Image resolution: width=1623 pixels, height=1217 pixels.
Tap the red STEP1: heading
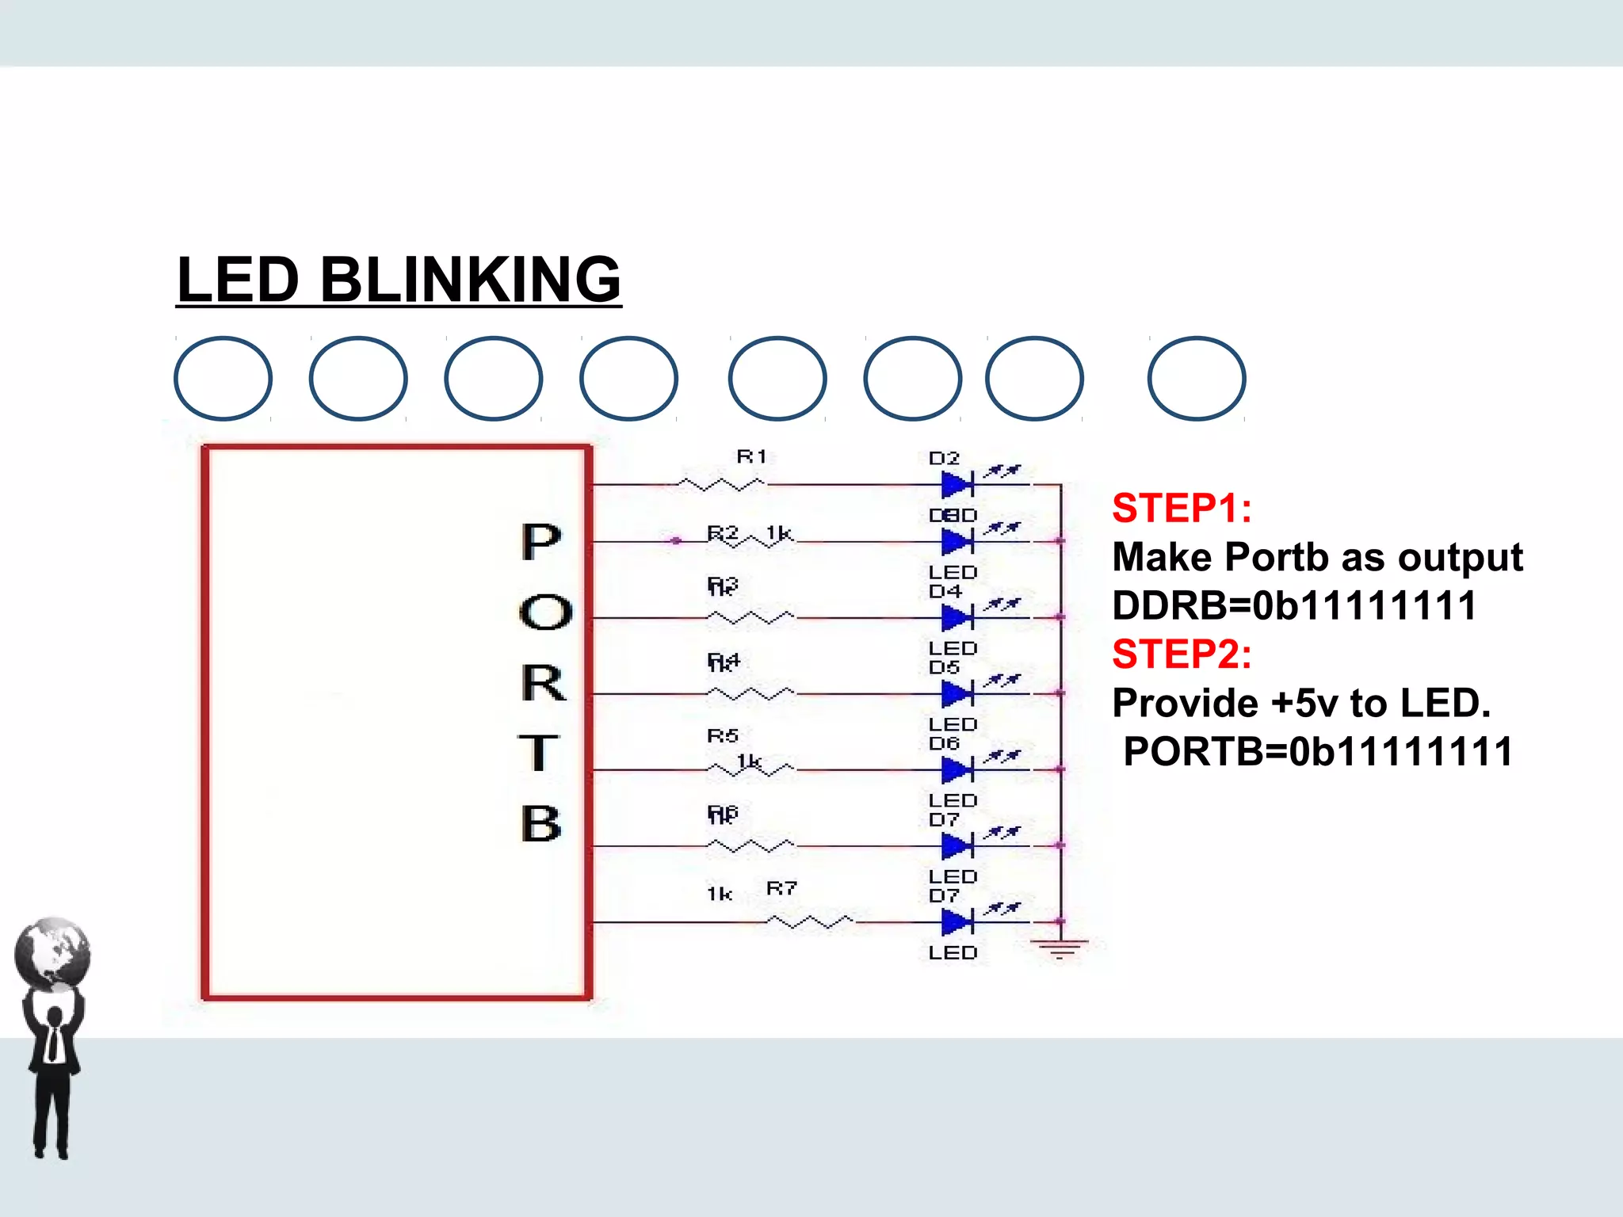pyautogui.click(x=1182, y=508)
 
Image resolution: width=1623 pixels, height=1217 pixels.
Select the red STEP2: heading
pyautogui.click(x=1182, y=654)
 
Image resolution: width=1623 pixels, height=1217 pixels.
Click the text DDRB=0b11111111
pyautogui.click(x=1294, y=605)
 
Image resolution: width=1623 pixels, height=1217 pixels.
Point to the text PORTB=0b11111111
pyautogui.click(x=1318, y=751)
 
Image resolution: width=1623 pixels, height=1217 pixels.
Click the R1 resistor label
pyautogui.click(x=751, y=456)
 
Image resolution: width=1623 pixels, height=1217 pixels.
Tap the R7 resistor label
pyautogui.click(x=781, y=888)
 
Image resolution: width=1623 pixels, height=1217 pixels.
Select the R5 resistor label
pyautogui.click(x=723, y=736)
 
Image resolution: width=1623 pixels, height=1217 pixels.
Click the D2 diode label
pyautogui.click(x=944, y=459)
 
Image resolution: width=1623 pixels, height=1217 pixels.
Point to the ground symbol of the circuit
pyautogui.click(x=1060, y=948)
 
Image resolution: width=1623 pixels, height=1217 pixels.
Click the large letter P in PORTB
pyautogui.click(x=541, y=542)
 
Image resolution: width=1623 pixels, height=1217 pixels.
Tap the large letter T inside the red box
pyautogui.click(x=538, y=752)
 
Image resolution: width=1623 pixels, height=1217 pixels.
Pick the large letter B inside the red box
pyautogui.click(x=541, y=823)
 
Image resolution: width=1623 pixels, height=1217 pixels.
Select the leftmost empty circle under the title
pyautogui.click(x=223, y=379)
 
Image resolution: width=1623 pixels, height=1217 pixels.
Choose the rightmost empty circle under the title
pyautogui.click(x=1196, y=379)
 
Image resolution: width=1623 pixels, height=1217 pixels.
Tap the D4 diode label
pyautogui.click(x=945, y=592)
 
